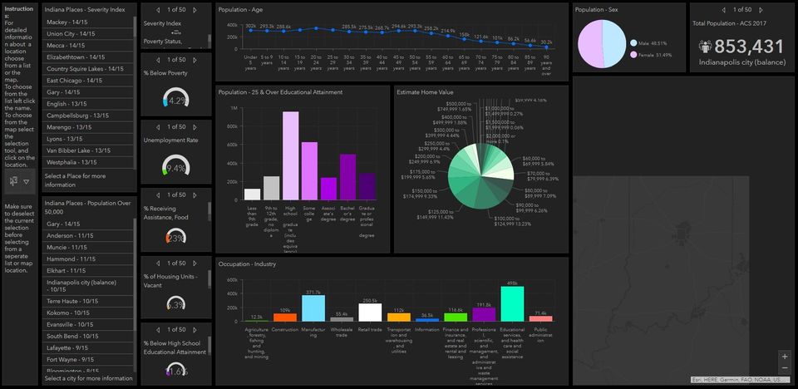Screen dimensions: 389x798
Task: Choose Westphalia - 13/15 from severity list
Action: [x=78, y=162]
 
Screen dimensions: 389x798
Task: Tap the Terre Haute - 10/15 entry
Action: [x=75, y=301]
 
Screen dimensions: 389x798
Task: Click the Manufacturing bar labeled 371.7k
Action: [x=313, y=308]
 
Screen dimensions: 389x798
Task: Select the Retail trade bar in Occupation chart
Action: [x=369, y=313]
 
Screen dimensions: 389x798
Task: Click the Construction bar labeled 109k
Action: [x=285, y=318]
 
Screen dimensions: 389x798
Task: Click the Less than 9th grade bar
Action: [x=253, y=194]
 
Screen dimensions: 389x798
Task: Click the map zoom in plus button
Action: [x=785, y=356]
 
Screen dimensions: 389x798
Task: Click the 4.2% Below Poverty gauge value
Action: [x=176, y=101]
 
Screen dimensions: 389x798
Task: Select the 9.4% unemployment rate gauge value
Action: [x=176, y=169]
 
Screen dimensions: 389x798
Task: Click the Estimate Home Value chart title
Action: [x=425, y=92]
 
